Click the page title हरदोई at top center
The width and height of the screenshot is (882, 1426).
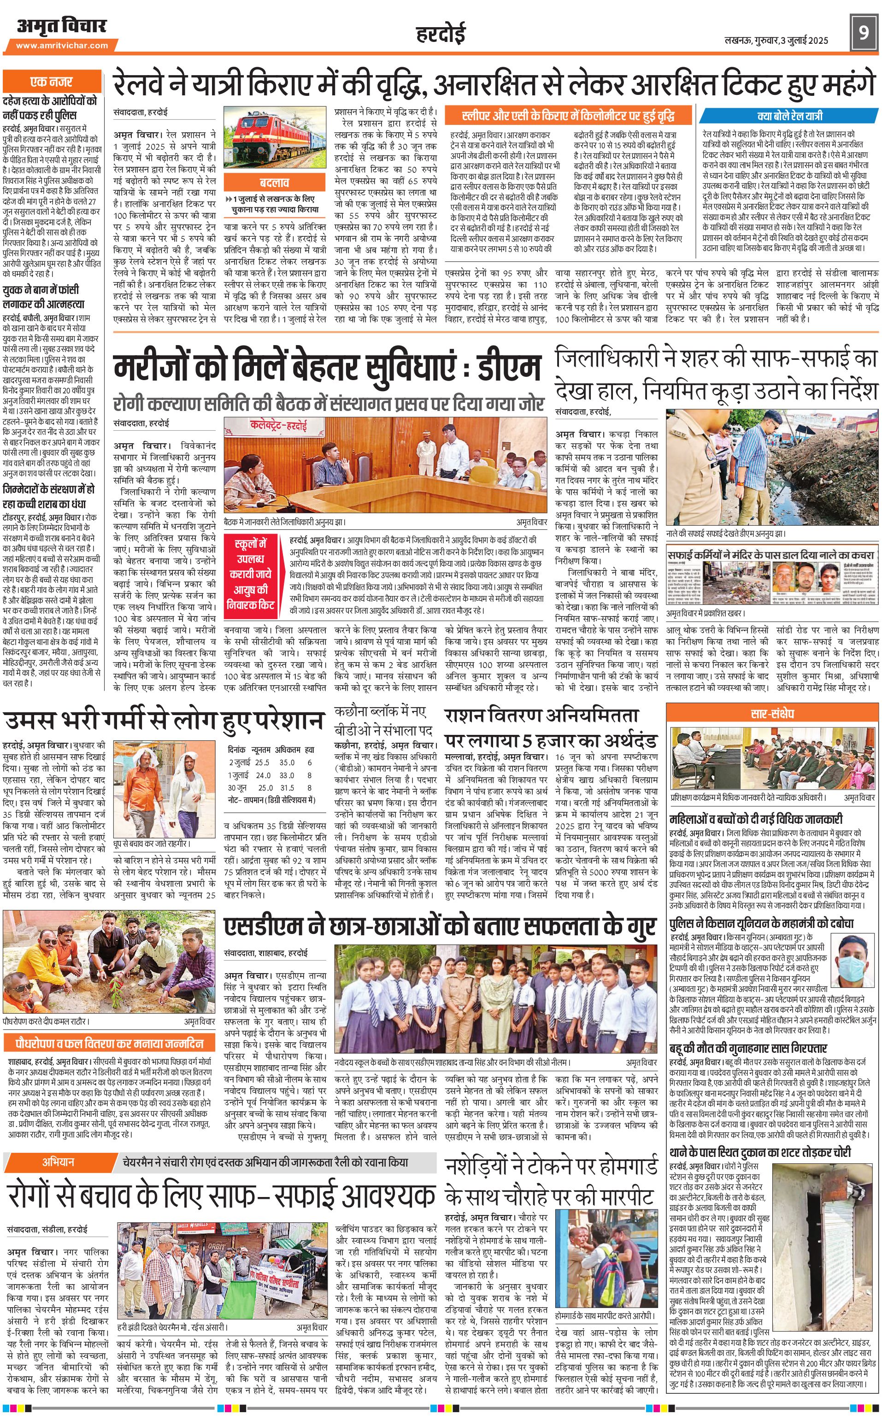[x=441, y=35]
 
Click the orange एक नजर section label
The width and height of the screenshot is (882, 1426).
[x=51, y=82]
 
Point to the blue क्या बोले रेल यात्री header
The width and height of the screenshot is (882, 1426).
[x=790, y=116]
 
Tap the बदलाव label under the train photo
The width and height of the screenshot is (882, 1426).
[x=274, y=182]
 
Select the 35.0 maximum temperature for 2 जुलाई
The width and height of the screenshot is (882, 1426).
[x=287, y=762]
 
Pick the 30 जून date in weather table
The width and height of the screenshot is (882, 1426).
[x=237, y=787]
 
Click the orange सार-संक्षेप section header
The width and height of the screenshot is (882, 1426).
[x=772, y=713]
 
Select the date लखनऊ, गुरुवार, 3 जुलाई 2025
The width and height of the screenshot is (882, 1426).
[x=776, y=40]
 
